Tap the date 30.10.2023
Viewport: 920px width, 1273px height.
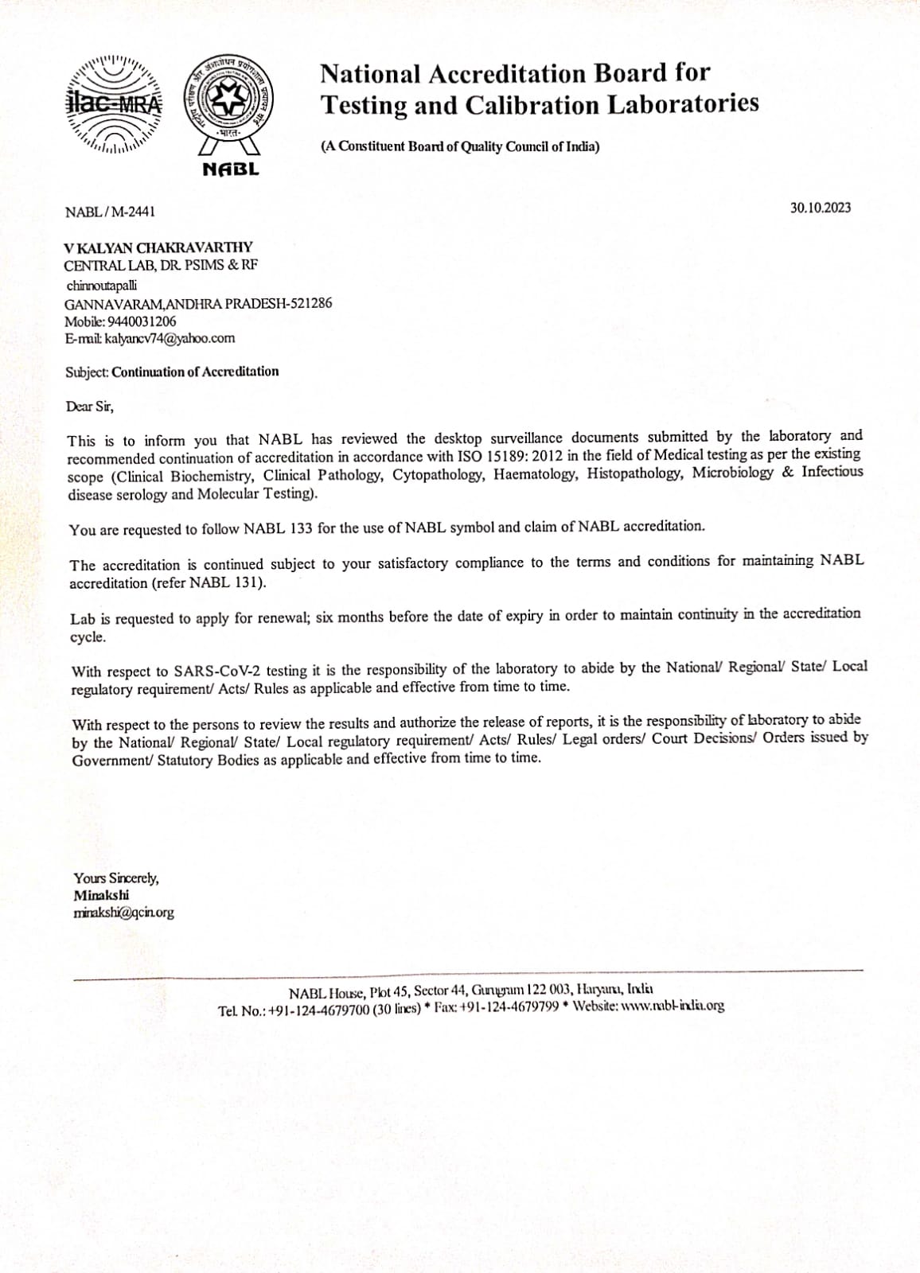(820, 208)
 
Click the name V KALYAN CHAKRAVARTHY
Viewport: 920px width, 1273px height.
(158, 248)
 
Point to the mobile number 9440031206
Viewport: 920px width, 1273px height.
(142, 321)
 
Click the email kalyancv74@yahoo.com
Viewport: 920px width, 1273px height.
(170, 338)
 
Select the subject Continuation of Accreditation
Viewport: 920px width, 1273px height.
(195, 372)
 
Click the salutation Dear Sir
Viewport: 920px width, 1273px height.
(89, 407)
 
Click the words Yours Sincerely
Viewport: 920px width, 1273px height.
(116, 878)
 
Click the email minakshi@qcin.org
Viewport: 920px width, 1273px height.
(123, 913)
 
